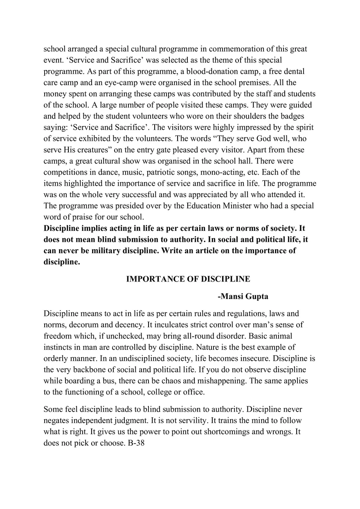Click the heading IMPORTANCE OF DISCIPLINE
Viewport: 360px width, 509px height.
pyautogui.click(x=188, y=279)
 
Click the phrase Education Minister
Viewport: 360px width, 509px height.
pyautogui.click(x=218, y=205)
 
